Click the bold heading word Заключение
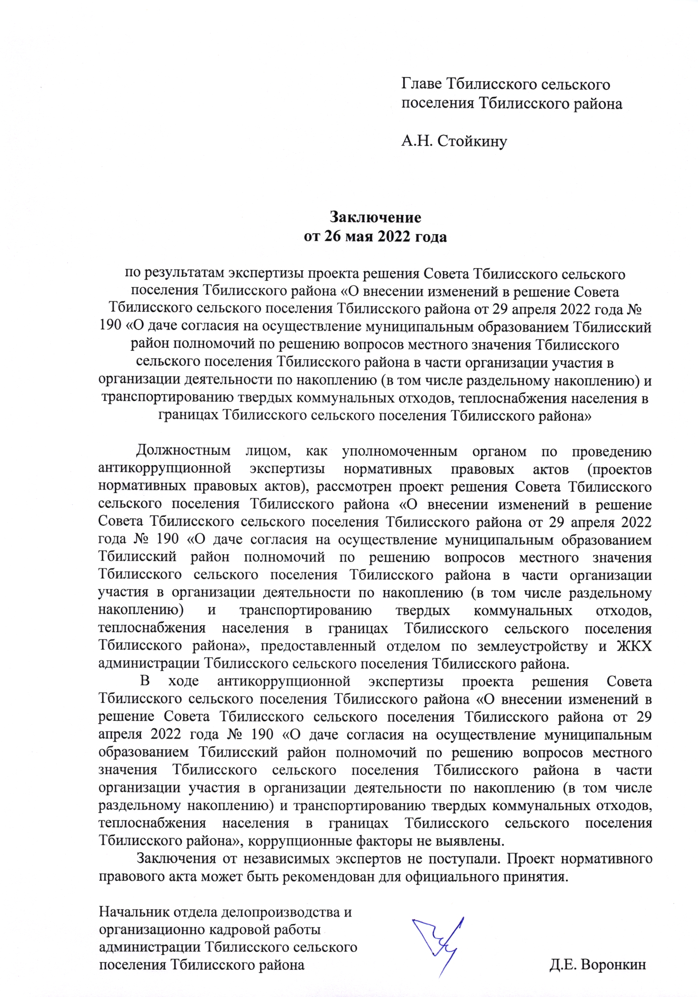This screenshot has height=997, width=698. (x=375, y=217)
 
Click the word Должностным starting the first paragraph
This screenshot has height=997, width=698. (x=183, y=452)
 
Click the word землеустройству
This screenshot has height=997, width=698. (x=532, y=646)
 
